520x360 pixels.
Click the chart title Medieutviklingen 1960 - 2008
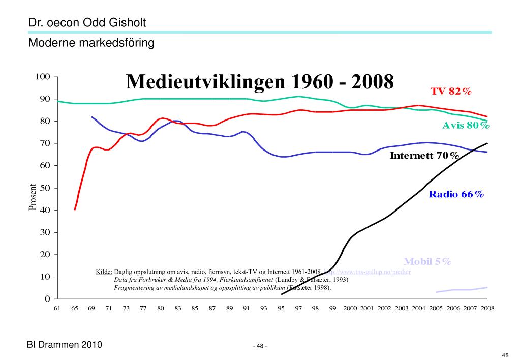(260, 82)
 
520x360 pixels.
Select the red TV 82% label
(451, 92)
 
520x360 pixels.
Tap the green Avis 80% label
(466, 125)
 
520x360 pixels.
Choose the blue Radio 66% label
(456, 194)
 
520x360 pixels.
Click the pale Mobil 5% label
(427, 262)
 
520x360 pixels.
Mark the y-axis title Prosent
(33, 197)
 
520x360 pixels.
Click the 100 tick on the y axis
(42, 77)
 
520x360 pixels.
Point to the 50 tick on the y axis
(45, 188)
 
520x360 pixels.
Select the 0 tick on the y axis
(47, 299)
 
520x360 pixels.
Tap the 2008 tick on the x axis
(487, 308)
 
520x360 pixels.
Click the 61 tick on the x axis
(57, 308)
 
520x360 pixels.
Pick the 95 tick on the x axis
(281, 308)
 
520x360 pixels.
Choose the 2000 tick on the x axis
(350, 308)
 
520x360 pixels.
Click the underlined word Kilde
(104, 272)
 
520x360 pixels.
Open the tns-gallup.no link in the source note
(366, 272)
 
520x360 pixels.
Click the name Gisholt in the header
(126, 23)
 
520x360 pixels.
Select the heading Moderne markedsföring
(91, 43)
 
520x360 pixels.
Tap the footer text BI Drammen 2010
(65, 345)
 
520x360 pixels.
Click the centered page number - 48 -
(260, 346)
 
